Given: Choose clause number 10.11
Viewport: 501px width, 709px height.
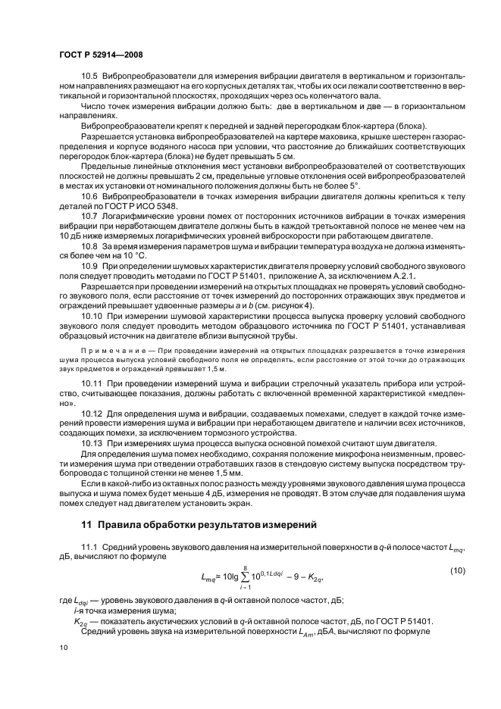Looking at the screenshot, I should (92, 386).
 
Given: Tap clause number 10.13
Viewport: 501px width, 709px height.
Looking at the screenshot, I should (92, 442).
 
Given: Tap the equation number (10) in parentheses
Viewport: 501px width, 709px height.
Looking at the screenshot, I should (457, 570).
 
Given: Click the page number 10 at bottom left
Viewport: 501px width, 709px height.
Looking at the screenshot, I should (64, 648).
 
